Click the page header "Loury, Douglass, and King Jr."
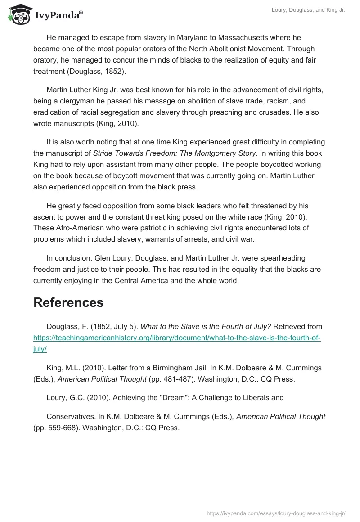[x=309, y=10]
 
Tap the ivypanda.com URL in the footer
[x=275, y=513]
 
